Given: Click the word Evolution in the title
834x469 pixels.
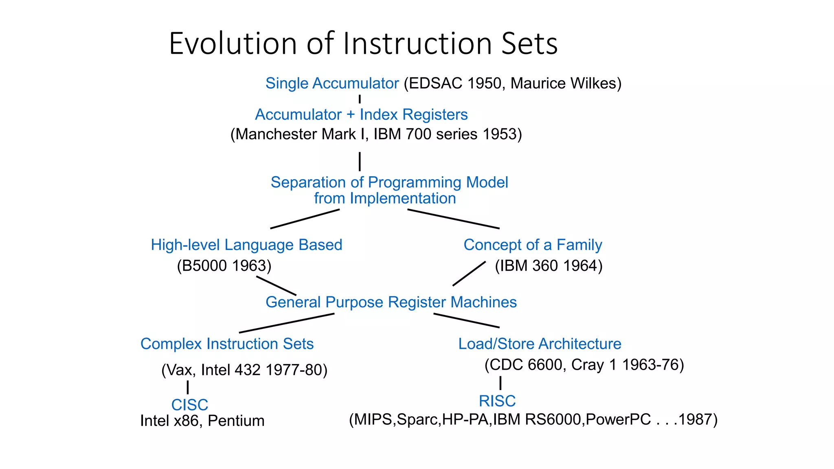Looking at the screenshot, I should click(233, 44).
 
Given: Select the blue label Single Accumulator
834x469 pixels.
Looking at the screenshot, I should click(332, 83).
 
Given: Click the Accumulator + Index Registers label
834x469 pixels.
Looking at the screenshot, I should click(361, 115).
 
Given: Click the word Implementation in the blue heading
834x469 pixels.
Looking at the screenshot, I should click(403, 199).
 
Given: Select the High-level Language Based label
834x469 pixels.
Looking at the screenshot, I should click(246, 245).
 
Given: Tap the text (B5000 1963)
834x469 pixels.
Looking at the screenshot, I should click(224, 266).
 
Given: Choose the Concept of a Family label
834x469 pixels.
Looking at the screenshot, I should click(533, 245).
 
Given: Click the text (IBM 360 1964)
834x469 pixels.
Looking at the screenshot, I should click(549, 266).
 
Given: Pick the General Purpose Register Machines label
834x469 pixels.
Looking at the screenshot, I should click(391, 302).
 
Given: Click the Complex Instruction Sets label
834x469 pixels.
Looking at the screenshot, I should click(227, 344).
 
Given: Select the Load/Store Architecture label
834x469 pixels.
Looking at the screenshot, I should click(540, 344).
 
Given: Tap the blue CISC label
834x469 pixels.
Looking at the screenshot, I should click(190, 405).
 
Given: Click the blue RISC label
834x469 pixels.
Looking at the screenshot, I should click(497, 401).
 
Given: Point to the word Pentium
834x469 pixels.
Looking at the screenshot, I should click(236, 421).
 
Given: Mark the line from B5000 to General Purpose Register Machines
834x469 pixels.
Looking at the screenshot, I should click(276, 286).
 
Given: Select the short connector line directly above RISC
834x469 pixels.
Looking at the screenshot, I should click(500, 383).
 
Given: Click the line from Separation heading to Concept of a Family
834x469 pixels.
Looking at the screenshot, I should click(453, 219).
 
